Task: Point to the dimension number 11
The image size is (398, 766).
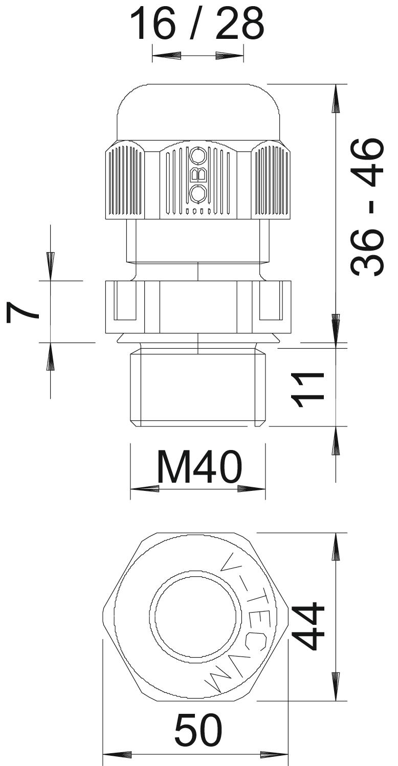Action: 307,390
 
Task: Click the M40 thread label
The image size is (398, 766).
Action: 199,466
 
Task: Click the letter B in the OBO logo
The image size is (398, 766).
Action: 198,175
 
